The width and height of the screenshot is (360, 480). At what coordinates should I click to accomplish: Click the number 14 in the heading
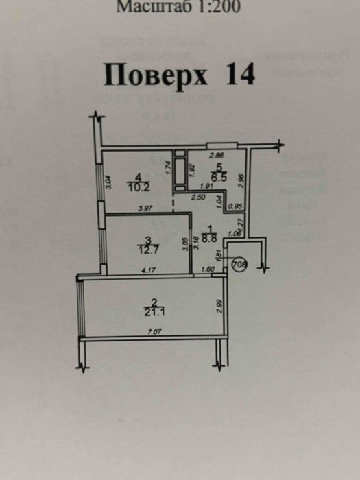tap(239, 75)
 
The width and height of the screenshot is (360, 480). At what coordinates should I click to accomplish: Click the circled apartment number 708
tap(239, 265)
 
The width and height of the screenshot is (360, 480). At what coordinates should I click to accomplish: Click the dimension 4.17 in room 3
tap(146, 272)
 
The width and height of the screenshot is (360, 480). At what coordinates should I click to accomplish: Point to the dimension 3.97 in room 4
tap(144, 208)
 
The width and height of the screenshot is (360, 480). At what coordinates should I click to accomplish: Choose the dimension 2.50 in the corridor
tap(197, 197)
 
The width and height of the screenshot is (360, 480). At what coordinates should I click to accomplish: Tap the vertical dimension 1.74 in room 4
tap(169, 165)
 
